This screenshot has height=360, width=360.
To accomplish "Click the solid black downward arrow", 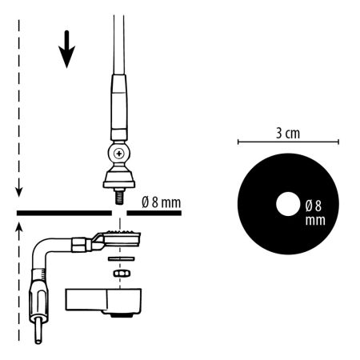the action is tap(66, 50).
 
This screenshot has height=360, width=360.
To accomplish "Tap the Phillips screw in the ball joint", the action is tap(119, 154).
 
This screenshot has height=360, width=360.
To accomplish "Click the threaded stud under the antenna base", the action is tap(119, 196).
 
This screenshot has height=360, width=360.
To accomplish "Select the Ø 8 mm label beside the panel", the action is tap(162, 202).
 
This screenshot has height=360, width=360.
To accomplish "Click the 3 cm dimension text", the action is tap(288, 133).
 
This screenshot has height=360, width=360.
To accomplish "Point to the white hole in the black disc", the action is tap(288, 204).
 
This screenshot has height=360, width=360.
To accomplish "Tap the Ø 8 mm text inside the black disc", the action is tap(315, 213).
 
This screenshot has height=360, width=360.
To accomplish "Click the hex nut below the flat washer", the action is tap(121, 273).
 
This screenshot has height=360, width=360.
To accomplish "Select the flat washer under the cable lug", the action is tap(122, 258).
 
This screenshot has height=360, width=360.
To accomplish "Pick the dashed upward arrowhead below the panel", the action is tap(18, 229).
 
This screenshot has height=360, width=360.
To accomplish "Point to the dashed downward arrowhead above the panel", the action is tap(18, 191).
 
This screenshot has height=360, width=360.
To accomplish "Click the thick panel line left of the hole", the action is tap(64, 213).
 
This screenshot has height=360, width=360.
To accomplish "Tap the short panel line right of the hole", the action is tap(154, 213).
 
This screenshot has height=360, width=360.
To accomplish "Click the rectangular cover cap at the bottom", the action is tap(103, 302).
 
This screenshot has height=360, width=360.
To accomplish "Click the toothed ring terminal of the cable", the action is tap(122, 238).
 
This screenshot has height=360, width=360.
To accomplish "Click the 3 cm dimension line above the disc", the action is tap(288, 142).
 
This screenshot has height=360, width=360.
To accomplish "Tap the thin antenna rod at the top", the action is tap(119, 45).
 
